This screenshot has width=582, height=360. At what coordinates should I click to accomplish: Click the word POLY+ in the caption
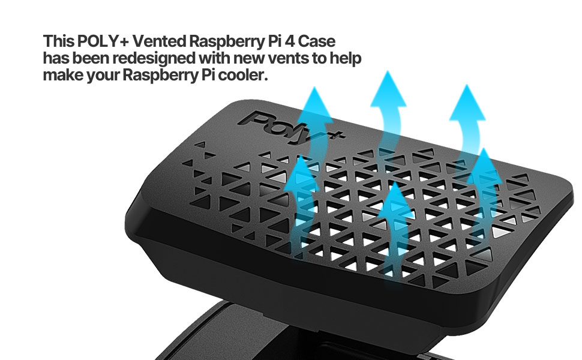103,42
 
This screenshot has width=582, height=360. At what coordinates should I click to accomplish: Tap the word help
347,59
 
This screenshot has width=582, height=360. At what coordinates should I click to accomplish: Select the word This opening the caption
58,42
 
